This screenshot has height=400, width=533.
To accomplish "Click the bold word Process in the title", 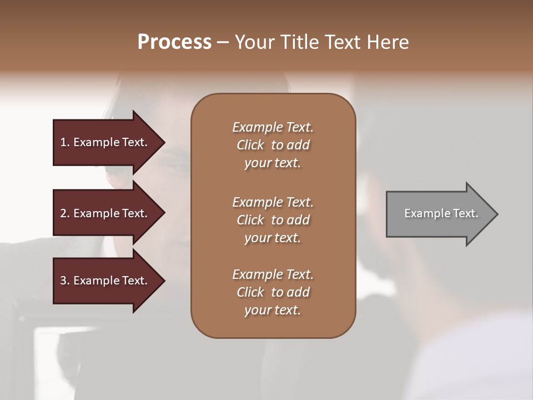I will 174,42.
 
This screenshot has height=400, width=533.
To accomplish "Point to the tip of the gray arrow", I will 496,214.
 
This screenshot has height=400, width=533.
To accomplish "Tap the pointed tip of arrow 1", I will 164,142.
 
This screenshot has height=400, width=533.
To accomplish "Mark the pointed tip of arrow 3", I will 164,281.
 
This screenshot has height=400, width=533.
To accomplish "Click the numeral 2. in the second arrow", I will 65,213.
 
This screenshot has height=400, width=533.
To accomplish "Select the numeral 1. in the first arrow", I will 65,142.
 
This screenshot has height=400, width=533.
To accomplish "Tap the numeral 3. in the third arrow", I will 65,281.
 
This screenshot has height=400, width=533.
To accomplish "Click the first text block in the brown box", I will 273,145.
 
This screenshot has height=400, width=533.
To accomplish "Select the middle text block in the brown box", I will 273,220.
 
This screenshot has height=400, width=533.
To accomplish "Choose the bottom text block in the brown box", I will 273,292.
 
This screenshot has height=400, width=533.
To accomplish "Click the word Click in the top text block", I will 250,145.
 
